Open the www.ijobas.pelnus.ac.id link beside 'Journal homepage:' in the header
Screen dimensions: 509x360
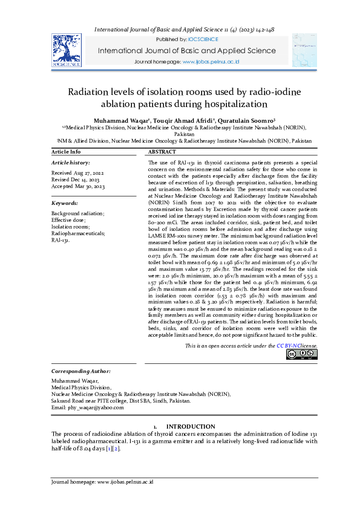211,62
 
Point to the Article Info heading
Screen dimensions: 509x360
66,152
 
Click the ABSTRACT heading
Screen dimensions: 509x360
162,152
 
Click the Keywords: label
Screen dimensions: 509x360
65,203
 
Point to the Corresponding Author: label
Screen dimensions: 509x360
81,371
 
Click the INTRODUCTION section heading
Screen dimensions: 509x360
191,427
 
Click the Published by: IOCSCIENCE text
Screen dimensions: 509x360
179,39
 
